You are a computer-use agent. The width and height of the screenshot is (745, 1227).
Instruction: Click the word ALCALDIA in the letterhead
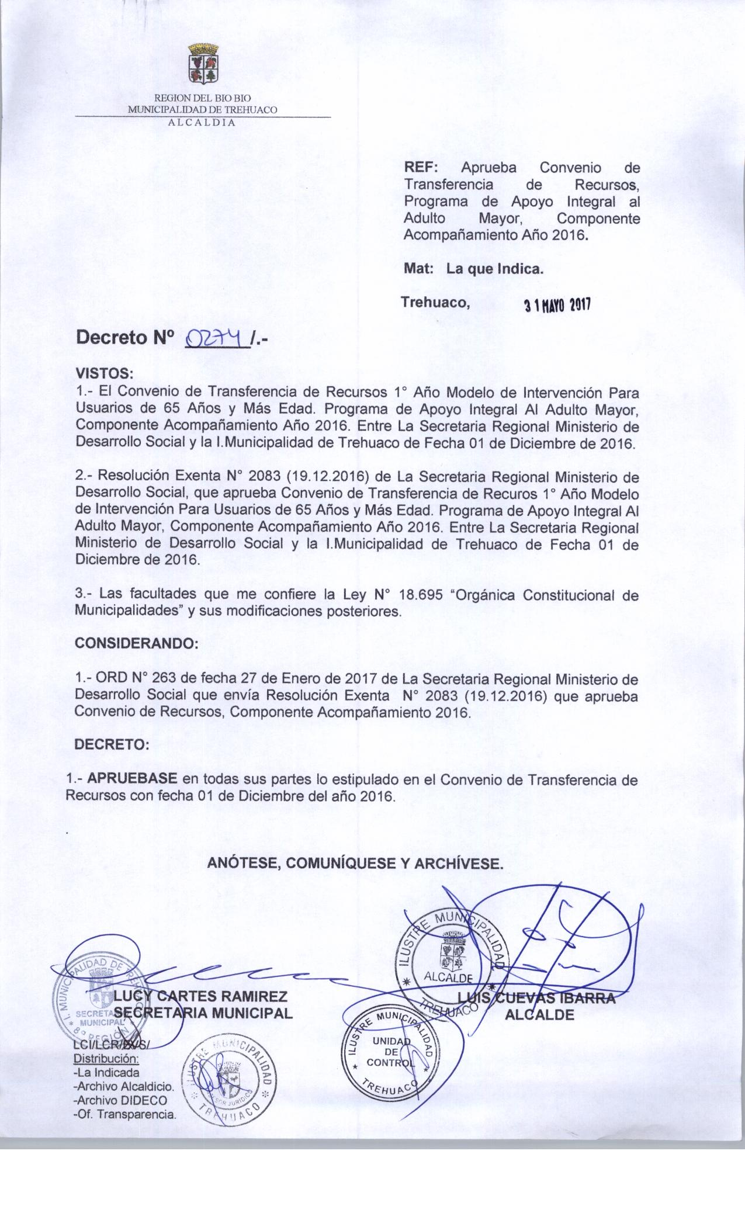pos(202,123)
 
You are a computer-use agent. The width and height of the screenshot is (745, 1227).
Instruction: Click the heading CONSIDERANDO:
pos(138,643)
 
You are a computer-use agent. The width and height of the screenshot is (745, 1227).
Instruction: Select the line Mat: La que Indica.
pos(474,270)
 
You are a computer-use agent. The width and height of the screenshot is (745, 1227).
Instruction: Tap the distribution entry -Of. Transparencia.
pos(124,1114)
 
